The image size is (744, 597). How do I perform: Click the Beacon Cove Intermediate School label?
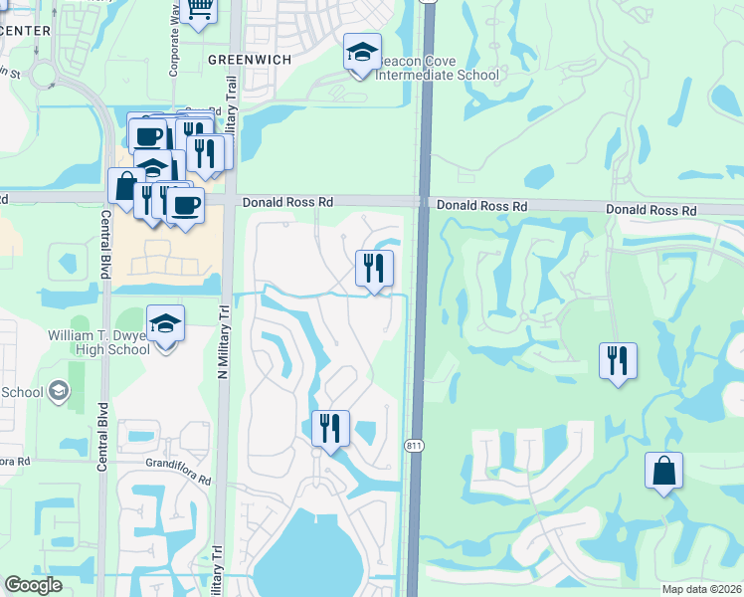point(438,68)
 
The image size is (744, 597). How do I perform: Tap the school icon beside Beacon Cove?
point(362,51)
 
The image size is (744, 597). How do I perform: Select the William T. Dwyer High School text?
point(99,342)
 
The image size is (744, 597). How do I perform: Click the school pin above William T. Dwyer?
point(165,323)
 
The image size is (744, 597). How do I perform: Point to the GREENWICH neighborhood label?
point(250,60)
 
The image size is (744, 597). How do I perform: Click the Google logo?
point(34,586)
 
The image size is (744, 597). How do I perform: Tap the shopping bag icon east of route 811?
point(663,471)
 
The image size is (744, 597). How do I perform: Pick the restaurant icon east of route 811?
point(618,359)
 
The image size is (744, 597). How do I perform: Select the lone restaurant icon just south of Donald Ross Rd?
point(375,268)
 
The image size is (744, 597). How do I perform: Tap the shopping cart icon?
point(199,9)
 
